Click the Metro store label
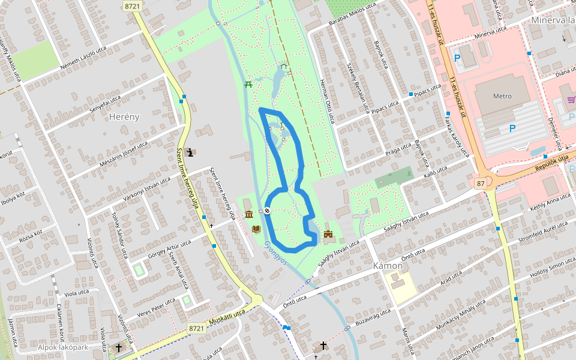coord(502,96)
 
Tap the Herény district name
coord(124,117)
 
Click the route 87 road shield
coord(481,182)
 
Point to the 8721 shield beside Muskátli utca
coord(196,328)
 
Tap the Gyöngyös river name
coord(275,254)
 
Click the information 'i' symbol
coord(191,152)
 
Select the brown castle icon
coord(328,233)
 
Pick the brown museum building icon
coord(248,215)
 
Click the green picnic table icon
coord(248,84)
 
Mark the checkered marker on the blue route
coord(266,210)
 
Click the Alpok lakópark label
coord(63,347)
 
